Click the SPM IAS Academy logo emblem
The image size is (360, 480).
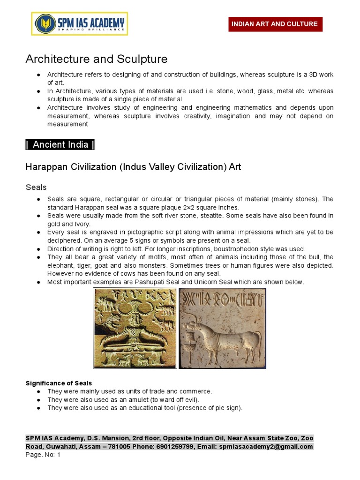tap(45, 23)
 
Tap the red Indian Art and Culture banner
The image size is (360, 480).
tap(275, 24)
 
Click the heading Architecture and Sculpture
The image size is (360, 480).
tap(96, 59)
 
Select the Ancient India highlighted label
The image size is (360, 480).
tap(60, 144)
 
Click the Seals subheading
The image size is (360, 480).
tap(36, 187)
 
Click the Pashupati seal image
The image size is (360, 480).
tap(135, 328)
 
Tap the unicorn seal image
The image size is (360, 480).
tap(222, 328)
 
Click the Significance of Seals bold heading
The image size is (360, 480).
tap(59, 383)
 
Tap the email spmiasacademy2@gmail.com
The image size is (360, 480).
tap(265, 446)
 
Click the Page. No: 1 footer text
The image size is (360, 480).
tap(43, 455)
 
